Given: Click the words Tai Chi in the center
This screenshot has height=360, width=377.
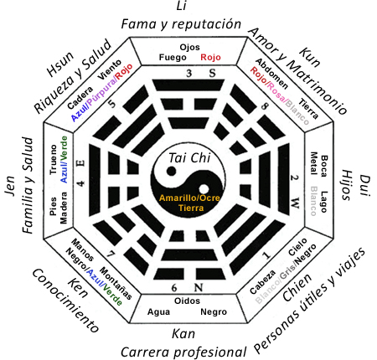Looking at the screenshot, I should [188, 157].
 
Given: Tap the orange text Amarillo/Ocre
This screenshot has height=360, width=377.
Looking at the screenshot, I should [188, 196].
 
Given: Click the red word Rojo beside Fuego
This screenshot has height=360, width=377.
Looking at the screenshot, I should [211, 57].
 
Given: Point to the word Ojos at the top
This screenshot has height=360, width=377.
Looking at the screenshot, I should [188, 46].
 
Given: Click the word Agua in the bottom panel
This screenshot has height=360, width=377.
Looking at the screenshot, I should [159, 311].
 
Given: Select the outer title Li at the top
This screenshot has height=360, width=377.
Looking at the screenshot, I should [180, 7].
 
